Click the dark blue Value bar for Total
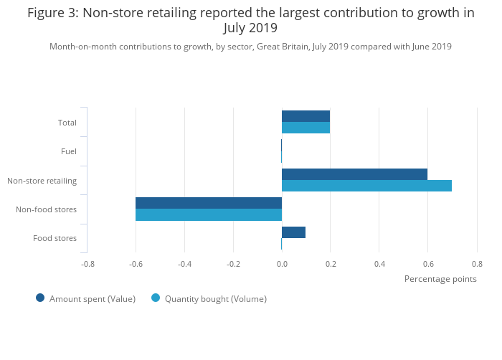pos(306,116)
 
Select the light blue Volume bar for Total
pos(306,128)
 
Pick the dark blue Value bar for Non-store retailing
pos(354,174)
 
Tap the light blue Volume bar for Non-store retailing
pos(366,186)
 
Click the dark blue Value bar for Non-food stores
pos(209,203)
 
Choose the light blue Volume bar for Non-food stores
pos(209,214)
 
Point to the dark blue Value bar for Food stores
pos(293,232)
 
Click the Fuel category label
pos(69,151)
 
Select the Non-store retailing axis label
pos(42,181)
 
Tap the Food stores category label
pos(55,239)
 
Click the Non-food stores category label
pos(46,209)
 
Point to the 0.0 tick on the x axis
pos(282,264)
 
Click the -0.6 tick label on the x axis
pos(136,264)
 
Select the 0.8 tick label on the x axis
pos(477,264)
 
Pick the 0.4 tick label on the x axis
pos(379,264)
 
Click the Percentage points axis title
pos(440,279)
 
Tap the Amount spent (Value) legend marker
pos(40,298)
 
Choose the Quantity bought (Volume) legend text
pos(215,299)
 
